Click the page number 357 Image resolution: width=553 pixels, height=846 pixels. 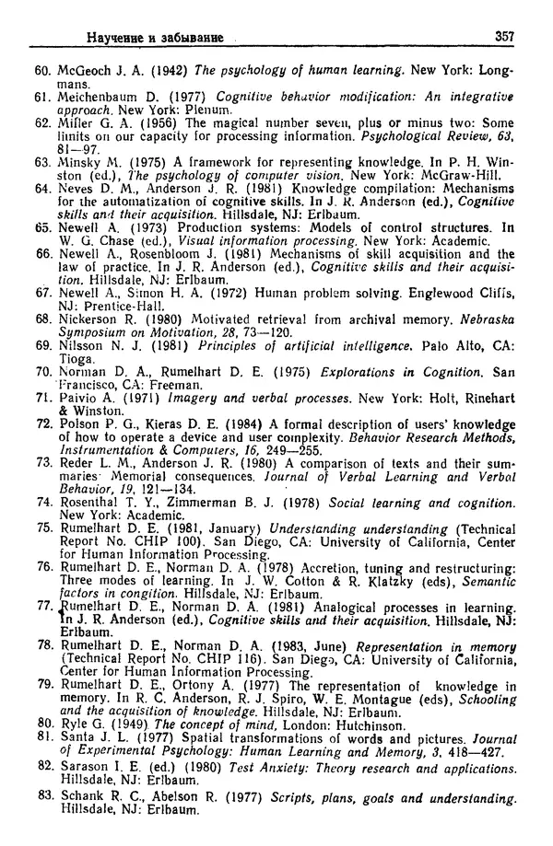pos(505,37)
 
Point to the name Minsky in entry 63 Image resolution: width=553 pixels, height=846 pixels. pos(80,159)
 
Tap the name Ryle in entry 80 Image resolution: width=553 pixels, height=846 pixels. pos(76,724)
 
